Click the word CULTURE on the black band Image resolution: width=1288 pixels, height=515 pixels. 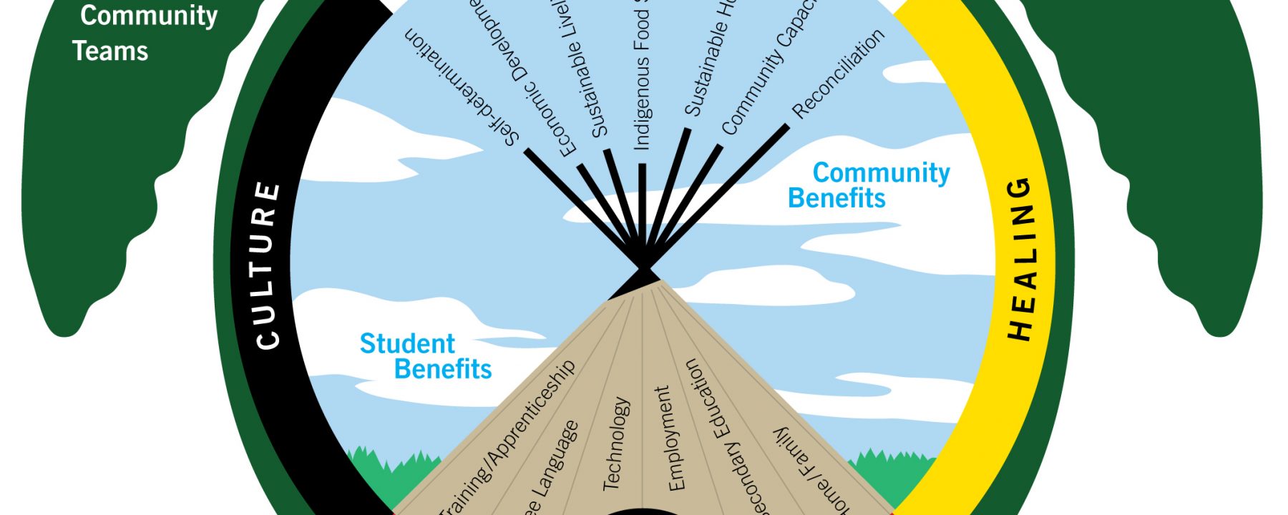[267, 265]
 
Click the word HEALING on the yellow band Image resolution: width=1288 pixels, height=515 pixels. [1021, 258]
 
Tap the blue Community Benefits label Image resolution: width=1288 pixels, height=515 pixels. [869, 185]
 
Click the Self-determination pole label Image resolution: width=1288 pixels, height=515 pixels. [461, 87]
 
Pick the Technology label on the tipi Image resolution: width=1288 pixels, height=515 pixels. [616, 443]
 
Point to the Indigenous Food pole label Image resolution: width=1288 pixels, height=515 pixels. [642, 79]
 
